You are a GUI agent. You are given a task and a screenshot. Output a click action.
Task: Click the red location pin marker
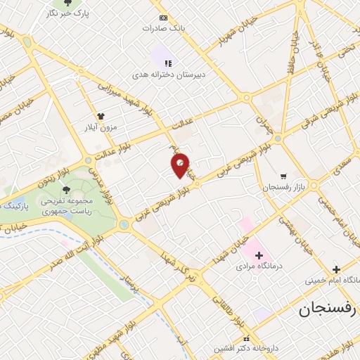pos(180,165)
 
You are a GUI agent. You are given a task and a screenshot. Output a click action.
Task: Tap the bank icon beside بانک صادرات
pos(163,18)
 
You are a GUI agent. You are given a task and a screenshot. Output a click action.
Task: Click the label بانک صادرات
pos(163,28)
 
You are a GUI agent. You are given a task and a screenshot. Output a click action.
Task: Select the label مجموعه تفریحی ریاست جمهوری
pos(67,204)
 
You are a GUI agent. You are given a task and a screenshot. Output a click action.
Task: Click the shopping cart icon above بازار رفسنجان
pos(283,176)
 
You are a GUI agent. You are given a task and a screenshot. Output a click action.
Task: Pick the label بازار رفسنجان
pos(283,187)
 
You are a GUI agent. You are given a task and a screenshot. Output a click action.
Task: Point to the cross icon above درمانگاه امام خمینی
pos(336,269)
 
